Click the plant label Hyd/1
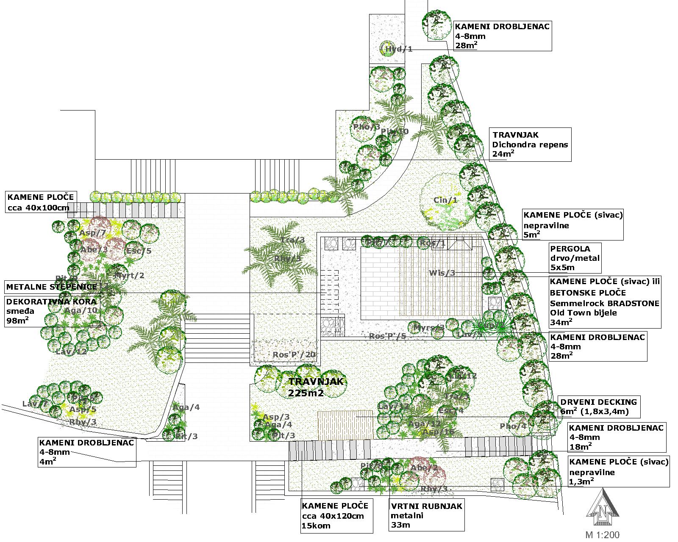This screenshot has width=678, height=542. [x=398, y=50]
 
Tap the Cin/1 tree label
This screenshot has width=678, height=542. [x=445, y=200]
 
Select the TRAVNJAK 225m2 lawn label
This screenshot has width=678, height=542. [x=316, y=387]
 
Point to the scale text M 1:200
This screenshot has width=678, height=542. [x=602, y=535]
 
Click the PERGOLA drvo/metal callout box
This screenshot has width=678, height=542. [x=575, y=258]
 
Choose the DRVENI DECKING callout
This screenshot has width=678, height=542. [x=598, y=406]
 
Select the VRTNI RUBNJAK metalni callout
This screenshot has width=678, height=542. [x=426, y=515]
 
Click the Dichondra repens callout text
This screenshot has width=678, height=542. [x=530, y=144]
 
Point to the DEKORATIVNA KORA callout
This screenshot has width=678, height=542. [x=52, y=311]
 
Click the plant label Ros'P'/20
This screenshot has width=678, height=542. [x=294, y=355]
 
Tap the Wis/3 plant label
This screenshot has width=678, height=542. [x=442, y=273]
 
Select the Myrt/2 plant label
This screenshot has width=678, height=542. [x=129, y=276]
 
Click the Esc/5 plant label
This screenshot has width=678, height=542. [x=139, y=251]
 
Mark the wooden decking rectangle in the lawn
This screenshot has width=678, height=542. [x=345, y=425]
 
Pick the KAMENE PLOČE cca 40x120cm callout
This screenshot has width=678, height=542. [x=337, y=516]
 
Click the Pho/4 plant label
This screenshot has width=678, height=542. [x=513, y=426]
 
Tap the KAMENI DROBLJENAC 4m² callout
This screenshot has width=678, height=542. [x=87, y=452]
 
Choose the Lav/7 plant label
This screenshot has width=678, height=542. [x=35, y=404]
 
